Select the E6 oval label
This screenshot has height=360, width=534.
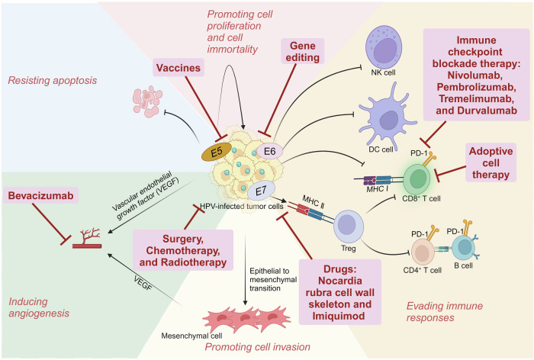coord(270,151)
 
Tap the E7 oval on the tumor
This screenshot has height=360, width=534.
coord(261,191)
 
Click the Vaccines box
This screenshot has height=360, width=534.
coord(178,68)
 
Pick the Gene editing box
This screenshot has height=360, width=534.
coord(302,51)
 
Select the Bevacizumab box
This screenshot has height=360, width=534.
coord(41,195)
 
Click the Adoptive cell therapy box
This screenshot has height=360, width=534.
coord(491,162)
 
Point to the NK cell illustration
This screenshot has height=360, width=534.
coord(384,47)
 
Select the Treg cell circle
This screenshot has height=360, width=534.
coord(349,226)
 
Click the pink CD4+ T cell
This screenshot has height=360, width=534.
coord(423,252)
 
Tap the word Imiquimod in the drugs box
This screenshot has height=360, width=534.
coord(339,316)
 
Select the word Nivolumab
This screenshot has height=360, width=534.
coord(475,76)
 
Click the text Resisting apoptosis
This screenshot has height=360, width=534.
coord(53,80)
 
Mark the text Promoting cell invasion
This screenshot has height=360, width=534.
coord(258,347)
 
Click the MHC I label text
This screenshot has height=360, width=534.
coord(377,189)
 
